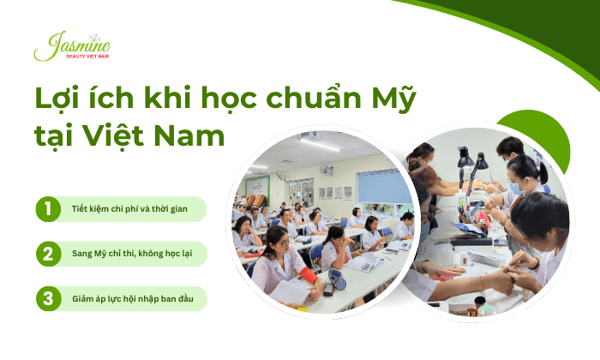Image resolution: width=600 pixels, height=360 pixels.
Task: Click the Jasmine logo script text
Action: click(x=72, y=44)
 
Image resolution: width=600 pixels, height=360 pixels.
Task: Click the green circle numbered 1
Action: click(x=47, y=209)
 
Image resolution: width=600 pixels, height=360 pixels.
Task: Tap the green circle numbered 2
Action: click(x=47, y=254)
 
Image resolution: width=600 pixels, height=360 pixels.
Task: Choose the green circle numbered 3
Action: click(x=47, y=298)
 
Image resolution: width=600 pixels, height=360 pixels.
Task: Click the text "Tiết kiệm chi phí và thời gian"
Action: click(x=128, y=209)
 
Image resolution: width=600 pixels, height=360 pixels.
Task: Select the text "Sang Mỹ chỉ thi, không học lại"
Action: click(x=128, y=254)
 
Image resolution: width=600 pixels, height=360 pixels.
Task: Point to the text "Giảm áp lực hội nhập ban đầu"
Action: click(x=128, y=298)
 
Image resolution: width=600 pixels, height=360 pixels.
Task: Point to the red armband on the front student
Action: click(x=307, y=277)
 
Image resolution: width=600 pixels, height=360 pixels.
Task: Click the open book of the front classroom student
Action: click(x=290, y=293)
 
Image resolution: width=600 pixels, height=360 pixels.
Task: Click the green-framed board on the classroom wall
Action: click(x=258, y=188)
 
